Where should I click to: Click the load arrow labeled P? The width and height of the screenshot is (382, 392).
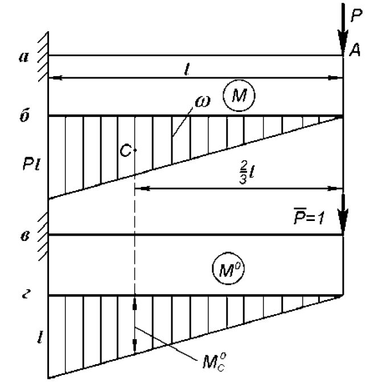pos(343,28)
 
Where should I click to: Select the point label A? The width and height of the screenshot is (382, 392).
pos(355,52)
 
